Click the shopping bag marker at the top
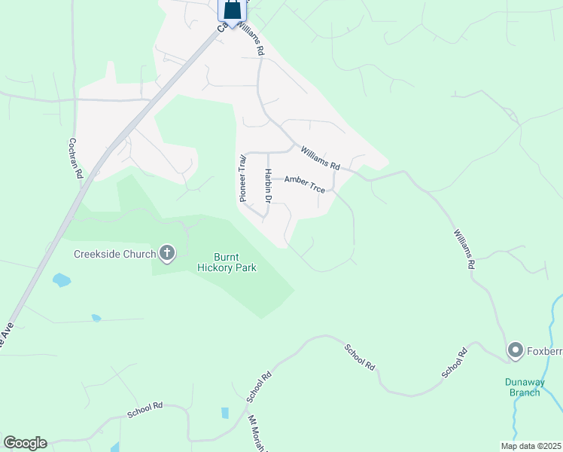(233, 11)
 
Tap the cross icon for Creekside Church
(167, 254)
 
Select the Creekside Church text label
(114, 254)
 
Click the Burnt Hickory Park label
(227, 262)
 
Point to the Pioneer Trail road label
(242, 179)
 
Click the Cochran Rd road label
(75, 157)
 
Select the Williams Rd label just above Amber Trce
(321, 157)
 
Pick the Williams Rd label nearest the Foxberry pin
(463, 249)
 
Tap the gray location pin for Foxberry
(516, 350)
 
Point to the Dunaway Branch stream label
(522, 386)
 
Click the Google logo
(25, 443)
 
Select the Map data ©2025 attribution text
(531, 446)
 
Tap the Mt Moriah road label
(257, 433)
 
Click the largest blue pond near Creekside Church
(62, 281)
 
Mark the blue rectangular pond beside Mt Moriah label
(225, 413)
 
